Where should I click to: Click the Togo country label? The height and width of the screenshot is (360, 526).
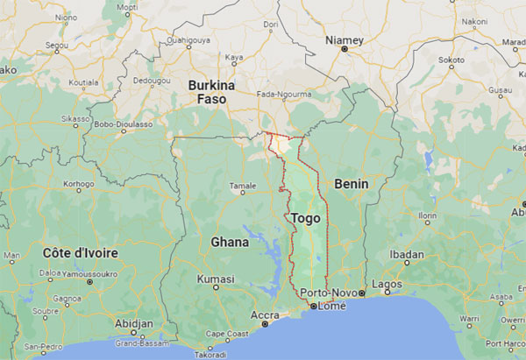tap(303, 217)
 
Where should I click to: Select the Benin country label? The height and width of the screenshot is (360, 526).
tap(351, 184)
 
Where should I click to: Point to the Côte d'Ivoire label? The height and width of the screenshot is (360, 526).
tap(80, 252)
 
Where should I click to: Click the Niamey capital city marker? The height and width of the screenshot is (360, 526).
tap(344, 49)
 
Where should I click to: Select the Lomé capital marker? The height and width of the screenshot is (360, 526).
tap(313, 307)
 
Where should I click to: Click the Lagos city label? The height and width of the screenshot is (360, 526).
tap(386, 284)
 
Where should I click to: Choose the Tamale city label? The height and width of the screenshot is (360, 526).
tap(243, 186)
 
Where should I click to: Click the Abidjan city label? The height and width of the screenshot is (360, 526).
tap(133, 322)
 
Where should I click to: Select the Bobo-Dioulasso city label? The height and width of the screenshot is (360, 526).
tap(123, 124)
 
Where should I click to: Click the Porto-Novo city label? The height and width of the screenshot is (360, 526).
tap(324, 292)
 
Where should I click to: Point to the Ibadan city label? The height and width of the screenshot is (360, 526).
tap(407, 255)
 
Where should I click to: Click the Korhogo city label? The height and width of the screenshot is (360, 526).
tap(78, 185)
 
